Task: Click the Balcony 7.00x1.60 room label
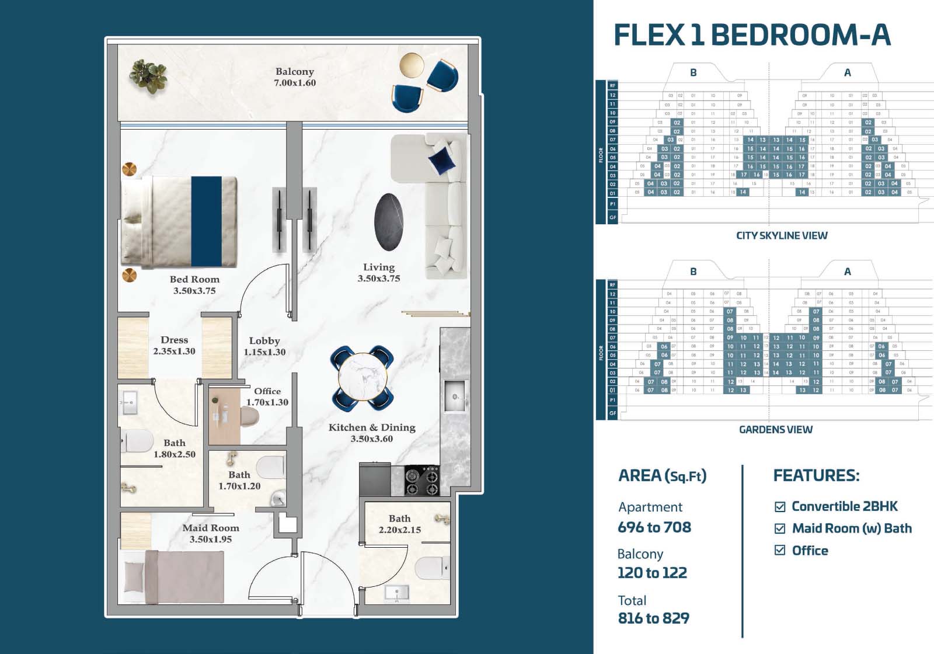coord(295,77)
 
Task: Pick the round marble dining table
coord(362,377)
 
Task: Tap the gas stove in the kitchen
coord(422,481)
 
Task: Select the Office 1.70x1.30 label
coord(267,396)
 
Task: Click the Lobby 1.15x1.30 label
coord(264,346)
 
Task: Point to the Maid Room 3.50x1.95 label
coord(211,533)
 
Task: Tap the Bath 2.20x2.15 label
coord(400,524)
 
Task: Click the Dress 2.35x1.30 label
coord(174,345)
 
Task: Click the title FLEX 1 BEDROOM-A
coord(752,34)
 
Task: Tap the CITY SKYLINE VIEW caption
coord(782,235)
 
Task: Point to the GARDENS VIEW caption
coord(775,429)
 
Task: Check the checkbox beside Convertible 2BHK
coord(780,506)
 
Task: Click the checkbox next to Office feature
coord(780,550)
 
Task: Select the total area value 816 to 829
coord(653,618)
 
